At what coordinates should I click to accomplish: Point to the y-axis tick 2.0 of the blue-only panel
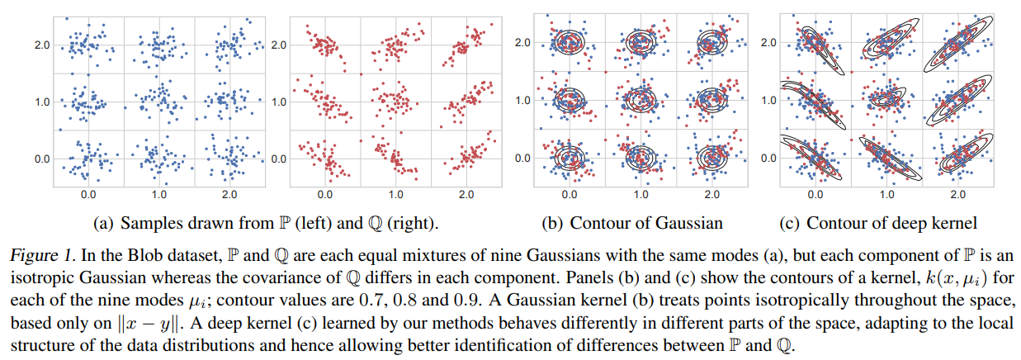pos(44,45)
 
